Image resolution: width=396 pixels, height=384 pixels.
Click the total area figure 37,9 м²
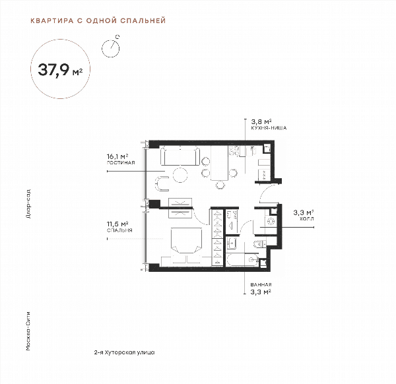[x=60, y=70]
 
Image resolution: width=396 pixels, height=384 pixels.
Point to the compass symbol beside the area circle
[x=111, y=47]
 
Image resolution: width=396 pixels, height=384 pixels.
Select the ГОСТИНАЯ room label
[x=121, y=163]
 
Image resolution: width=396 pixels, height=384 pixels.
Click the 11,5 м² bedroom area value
[x=117, y=224]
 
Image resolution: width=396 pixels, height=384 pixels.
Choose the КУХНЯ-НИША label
[x=269, y=128]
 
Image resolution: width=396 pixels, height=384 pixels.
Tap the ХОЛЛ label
[x=307, y=218]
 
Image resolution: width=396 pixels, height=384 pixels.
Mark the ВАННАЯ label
[x=261, y=284]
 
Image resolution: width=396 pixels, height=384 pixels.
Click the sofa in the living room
[x=180, y=156]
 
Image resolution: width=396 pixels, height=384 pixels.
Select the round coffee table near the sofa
[x=180, y=175]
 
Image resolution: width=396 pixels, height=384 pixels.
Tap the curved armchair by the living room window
[x=161, y=183]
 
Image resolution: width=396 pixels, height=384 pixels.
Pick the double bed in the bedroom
[x=186, y=240]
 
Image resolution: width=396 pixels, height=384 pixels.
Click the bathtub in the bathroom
[x=242, y=260]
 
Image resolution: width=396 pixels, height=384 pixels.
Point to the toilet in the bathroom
[x=259, y=244]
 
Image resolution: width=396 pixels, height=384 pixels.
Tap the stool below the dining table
[x=220, y=185]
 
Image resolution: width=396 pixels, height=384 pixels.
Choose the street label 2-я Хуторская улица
[x=124, y=352]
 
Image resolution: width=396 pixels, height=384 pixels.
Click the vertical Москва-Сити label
[x=28, y=331]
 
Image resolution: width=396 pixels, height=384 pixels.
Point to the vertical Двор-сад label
[x=28, y=204]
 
